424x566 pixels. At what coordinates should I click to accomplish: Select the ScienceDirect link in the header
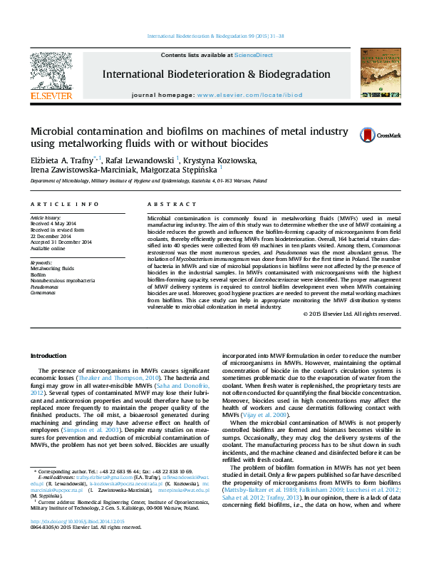tap(254, 55)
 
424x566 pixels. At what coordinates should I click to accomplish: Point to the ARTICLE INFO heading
tap(64, 204)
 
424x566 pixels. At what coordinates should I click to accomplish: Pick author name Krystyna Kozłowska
tap(221, 160)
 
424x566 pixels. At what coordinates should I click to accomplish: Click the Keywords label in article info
tap(41, 262)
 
